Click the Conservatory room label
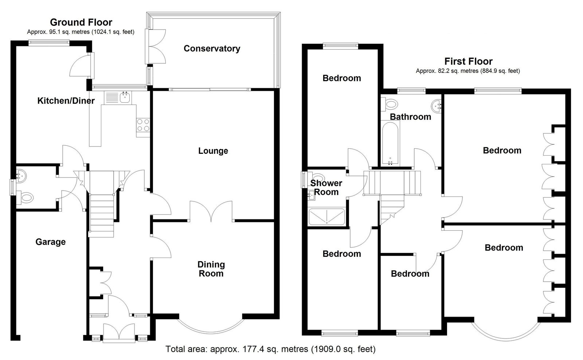[x=212, y=49]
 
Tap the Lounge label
[x=213, y=151]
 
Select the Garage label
[x=51, y=242]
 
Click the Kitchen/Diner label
[x=66, y=101]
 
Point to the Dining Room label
[x=211, y=269]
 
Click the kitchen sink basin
[x=125, y=97]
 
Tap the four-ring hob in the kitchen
[x=143, y=125]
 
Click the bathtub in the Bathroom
[x=390, y=143]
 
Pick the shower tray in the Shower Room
[x=326, y=216]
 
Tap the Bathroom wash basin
[x=436, y=106]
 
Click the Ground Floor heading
[x=81, y=22]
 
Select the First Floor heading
[x=468, y=62]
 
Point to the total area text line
[x=270, y=349]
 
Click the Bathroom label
[x=410, y=117]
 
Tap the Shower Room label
[x=326, y=187]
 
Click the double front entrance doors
[x=119, y=332]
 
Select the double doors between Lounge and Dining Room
[x=211, y=211]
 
